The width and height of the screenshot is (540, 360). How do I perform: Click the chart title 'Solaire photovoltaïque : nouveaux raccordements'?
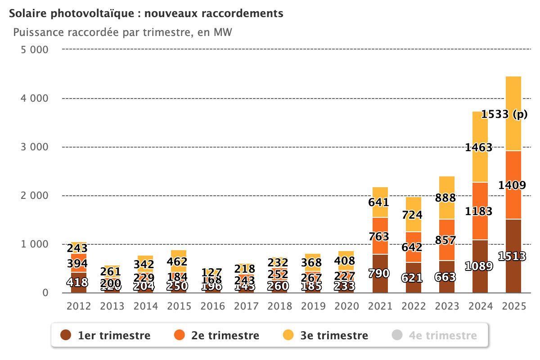[x=146, y=13]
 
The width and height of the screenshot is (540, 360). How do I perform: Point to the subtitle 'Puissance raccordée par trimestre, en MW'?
[x=122, y=33]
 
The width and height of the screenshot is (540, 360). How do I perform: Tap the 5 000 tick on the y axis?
[x=35, y=49]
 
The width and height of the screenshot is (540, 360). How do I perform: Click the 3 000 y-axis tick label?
[x=35, y=147]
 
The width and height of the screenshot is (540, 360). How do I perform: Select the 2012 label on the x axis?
[x=79, y=306]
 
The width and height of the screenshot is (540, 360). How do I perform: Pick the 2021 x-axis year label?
[x=380, y=306]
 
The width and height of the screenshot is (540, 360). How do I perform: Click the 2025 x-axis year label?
[x=514, y=306]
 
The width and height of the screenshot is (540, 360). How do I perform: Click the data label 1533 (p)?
[x=504, y=115]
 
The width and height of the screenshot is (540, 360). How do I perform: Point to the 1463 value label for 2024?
[x=478, y=147]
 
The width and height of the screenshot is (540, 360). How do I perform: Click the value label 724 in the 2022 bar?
[x=413, y=215]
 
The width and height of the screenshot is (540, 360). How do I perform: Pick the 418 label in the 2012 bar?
[x=79, y=283]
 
